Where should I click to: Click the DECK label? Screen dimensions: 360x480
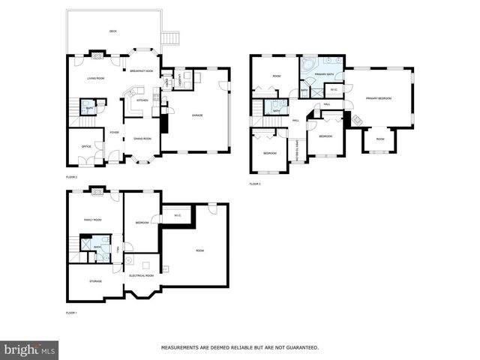tap(112, 31)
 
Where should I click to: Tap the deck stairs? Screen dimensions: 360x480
tap(172, 37)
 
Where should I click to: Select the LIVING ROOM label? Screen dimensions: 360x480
tap(95, 78)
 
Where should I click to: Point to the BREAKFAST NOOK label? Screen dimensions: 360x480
tap(141, 71)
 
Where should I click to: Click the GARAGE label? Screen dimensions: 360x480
tap(197, 115)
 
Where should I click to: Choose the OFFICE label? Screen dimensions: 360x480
tap(86, 147)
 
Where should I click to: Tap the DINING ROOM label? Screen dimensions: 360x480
tap(142, 139)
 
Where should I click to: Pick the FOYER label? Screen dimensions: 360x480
tap(114, 133)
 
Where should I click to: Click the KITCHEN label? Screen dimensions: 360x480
tap(142, 99)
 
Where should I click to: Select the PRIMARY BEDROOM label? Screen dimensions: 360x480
tap(380, 98)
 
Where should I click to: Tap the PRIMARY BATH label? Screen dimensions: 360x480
tap(325, 75)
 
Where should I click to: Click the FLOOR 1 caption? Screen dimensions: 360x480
tap(71, 312)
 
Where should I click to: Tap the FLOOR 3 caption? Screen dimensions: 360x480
tap(255, 184)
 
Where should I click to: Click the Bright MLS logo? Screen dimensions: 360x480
tap(30, 349)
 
